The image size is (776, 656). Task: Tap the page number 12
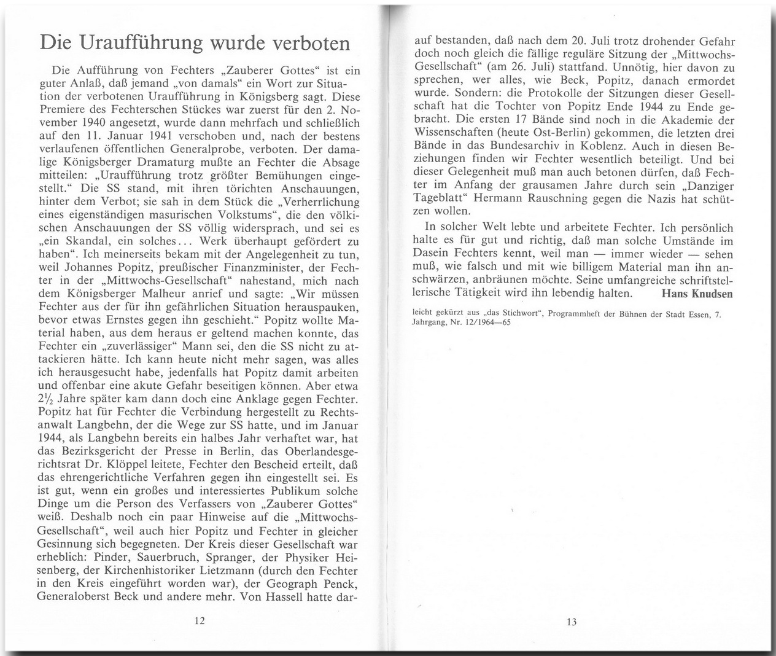[x=199, y=621]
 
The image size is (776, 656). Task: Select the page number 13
[x=572, y=622]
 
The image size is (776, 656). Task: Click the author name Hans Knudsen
[x=698, y=293]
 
